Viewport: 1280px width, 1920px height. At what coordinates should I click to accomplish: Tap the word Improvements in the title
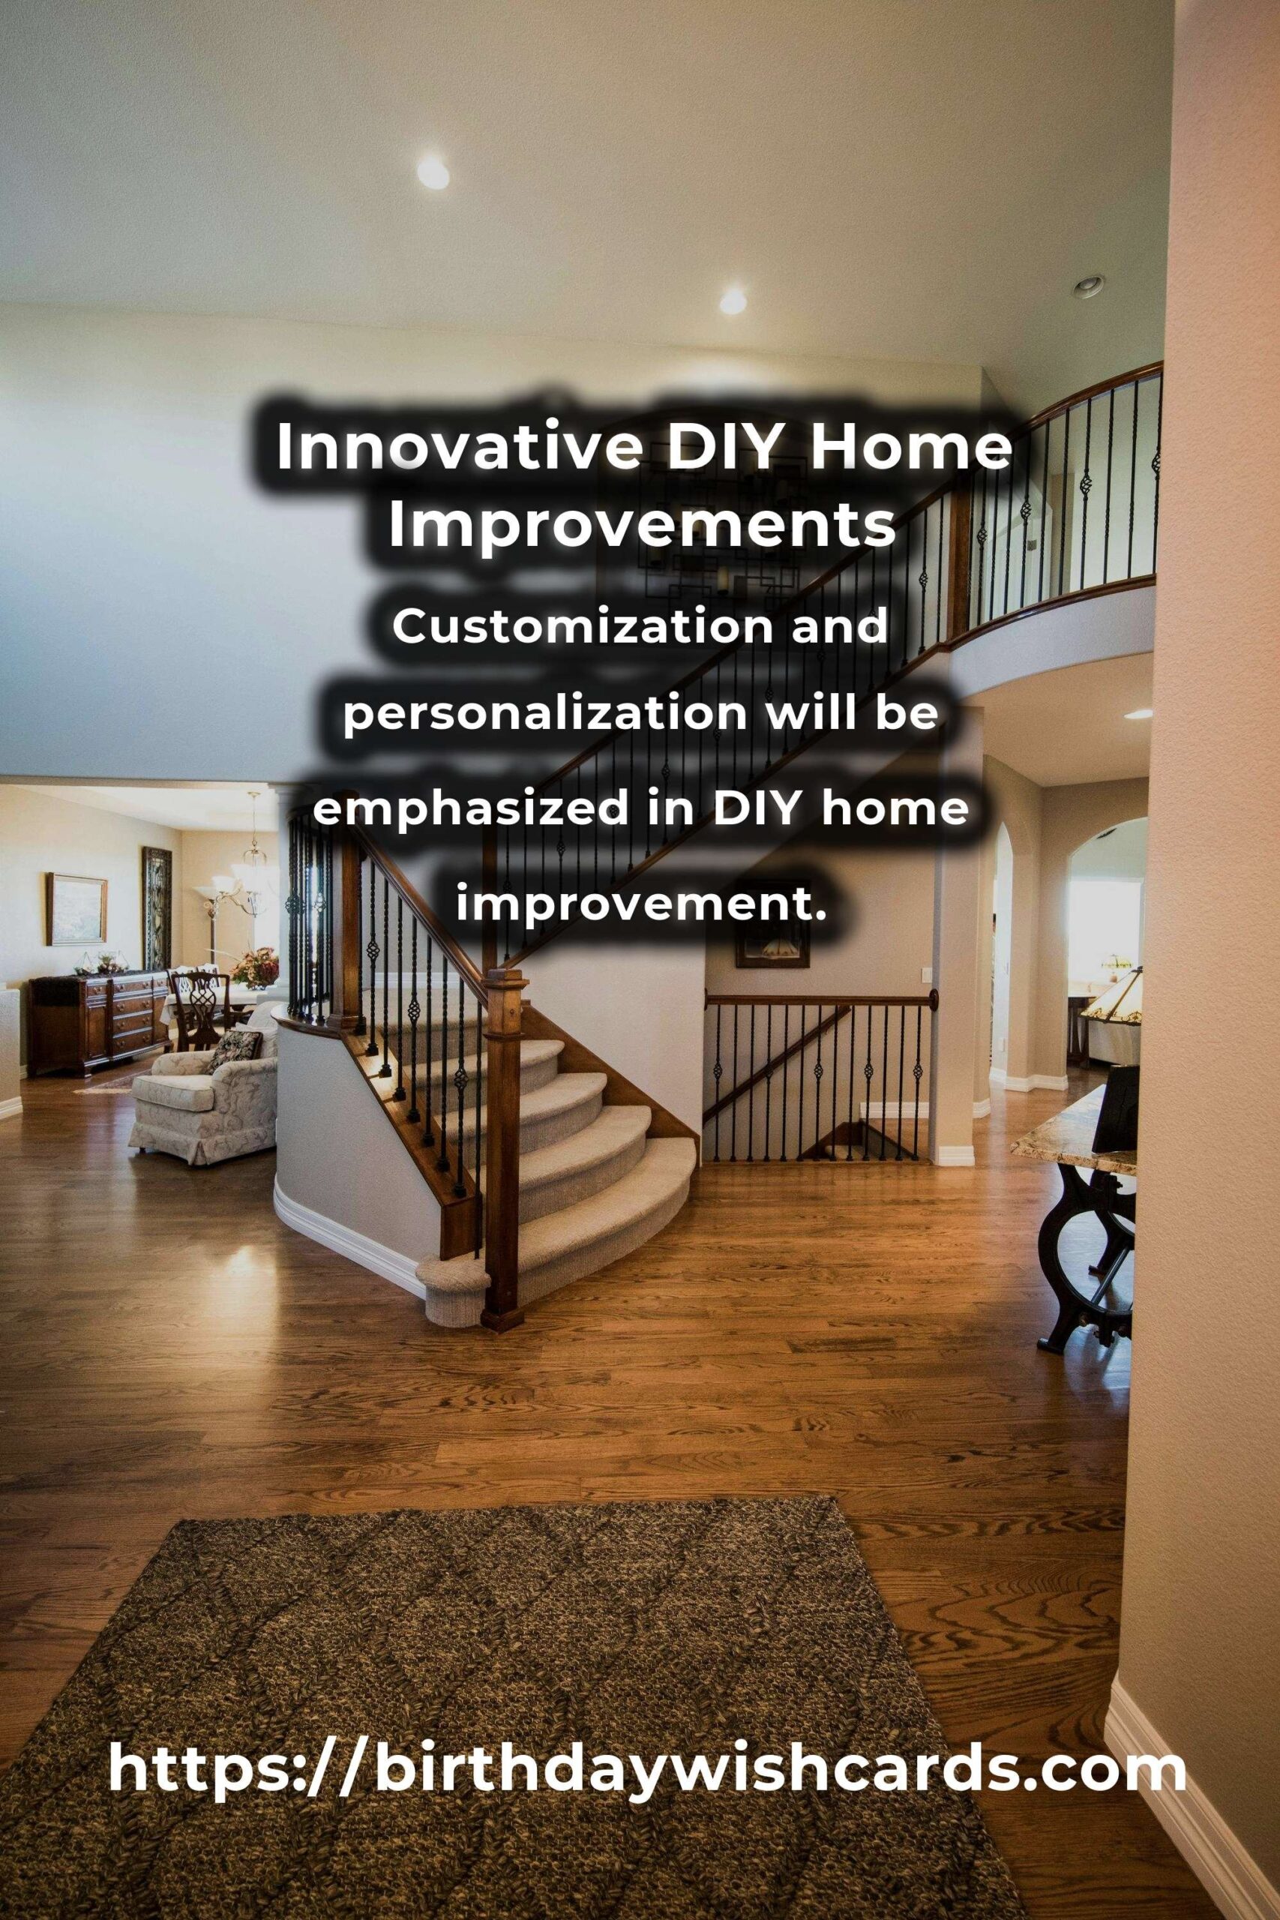643,527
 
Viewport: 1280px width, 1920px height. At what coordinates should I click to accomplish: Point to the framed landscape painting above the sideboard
76,907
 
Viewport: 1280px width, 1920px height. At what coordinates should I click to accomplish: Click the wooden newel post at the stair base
502,1151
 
